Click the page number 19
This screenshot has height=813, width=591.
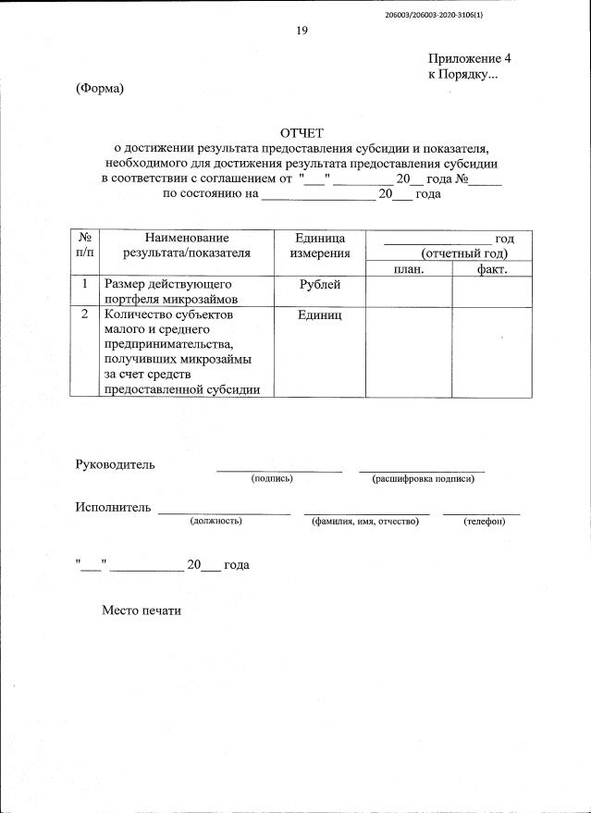(302, 31)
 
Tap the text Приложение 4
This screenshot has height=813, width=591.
(469, 58)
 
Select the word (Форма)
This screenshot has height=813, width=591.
(99, 89)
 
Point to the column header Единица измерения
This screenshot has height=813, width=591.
(319, 245)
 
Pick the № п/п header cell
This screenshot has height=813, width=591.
(84, 245)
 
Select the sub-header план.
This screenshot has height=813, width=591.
(408, 268)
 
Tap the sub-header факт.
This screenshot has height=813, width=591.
(491, 268)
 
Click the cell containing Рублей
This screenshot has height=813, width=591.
(319, 285)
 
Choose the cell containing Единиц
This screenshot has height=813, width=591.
(319, 315)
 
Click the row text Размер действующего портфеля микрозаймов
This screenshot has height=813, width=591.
(172, 291)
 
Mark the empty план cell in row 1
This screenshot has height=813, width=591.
(408, 291)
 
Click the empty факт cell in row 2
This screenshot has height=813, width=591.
(491, 351)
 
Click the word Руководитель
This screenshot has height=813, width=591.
(115, 463)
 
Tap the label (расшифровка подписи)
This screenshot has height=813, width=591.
(423, 479)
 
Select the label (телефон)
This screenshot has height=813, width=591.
(484, 522)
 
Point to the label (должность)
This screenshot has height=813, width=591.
(215, 522)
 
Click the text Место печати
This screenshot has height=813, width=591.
(143, 611)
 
